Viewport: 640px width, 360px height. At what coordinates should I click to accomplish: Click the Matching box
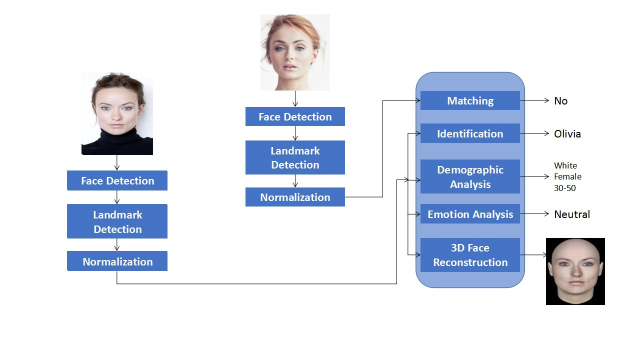coord(470,100)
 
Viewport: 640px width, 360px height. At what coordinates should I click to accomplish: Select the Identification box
coord(470,133)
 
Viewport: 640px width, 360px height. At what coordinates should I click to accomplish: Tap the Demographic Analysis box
coord(470,176)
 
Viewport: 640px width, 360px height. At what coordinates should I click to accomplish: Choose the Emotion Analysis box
coord(470,214)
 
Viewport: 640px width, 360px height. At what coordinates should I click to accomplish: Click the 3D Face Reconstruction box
coord(470,255)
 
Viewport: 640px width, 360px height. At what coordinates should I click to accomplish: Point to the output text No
coord(560,101)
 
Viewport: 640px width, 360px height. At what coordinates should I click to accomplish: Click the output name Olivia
coord(567,134)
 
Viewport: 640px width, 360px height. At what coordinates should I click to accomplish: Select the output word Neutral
coord(572,214)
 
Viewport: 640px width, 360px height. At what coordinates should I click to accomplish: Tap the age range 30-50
coord(564,188)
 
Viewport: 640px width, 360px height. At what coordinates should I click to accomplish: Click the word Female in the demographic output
coord(567,176)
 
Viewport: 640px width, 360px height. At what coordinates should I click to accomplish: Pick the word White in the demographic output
coord(565,165)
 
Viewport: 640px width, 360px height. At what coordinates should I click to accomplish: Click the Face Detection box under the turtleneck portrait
coord(117,180)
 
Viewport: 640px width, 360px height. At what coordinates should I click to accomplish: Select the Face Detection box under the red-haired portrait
coord(295,116)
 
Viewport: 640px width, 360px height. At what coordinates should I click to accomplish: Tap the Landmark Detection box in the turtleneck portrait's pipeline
coord(117,221)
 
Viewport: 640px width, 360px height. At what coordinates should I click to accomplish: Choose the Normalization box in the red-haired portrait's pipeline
coord(295,197)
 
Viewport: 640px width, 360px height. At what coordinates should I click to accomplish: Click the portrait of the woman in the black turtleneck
coord(117,114)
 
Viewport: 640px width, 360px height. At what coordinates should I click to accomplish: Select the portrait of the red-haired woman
coord(295,52)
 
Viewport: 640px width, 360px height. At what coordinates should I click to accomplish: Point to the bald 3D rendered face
coord(575,271)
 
